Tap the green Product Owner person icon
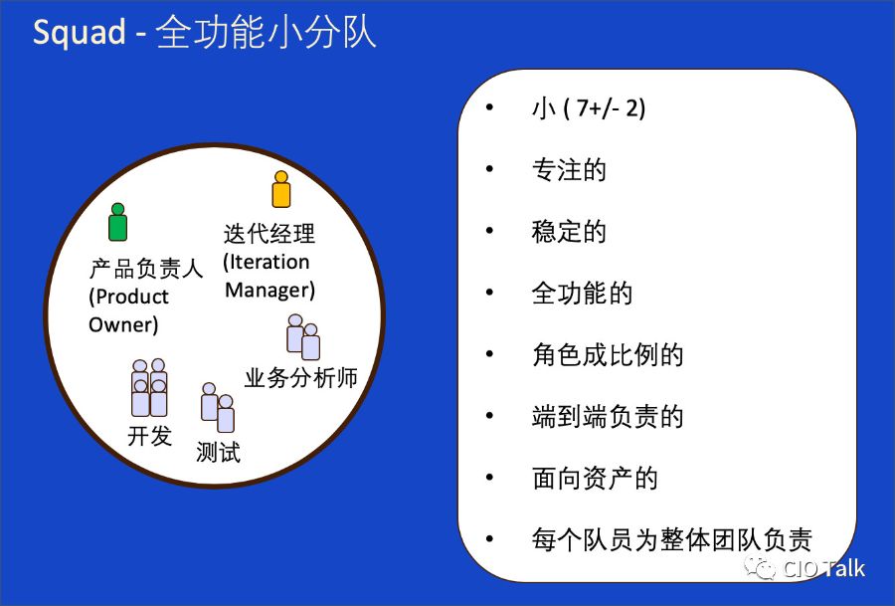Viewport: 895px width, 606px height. pos(118,222)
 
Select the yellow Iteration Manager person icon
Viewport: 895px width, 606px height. pos(281,189)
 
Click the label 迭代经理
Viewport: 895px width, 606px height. pos(269,234)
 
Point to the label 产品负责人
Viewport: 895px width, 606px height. pos(146,269)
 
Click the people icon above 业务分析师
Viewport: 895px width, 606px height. pos(303,337)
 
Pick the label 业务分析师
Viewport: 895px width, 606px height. pos(300,378)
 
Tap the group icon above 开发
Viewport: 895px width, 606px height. pos(149,388)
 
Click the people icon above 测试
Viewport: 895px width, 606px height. pos(217,408)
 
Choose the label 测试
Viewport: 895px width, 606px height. pos(218,452)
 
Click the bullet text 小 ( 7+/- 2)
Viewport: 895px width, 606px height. pos(589,108)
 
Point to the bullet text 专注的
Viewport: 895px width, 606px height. pos(569,170)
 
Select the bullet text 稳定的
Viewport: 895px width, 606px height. pos(569,232)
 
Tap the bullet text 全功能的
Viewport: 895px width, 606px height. pos(582,294)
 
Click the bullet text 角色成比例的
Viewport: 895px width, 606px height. pos(608,355)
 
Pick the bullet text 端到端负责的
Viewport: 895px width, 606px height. pos(608,417)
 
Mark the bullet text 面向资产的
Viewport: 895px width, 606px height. pos(595,479)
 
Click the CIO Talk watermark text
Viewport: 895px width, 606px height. pos(823,569)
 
